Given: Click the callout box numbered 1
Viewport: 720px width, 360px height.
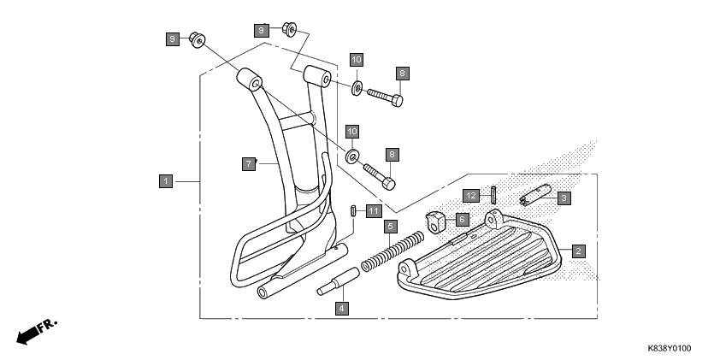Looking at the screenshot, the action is pos(166,181).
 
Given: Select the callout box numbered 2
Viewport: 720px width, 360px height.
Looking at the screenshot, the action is pos(579,251).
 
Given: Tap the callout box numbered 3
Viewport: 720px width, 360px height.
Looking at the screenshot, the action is pos(564,198).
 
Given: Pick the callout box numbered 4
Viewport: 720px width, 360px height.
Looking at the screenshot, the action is pos(341,308).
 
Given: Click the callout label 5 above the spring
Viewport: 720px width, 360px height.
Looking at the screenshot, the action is pos(390,226).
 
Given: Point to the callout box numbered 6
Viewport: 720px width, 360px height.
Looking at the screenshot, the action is pos(462,220).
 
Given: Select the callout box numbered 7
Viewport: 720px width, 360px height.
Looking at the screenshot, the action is pos(249,163).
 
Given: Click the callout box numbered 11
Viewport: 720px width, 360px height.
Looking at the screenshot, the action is pos(374,211).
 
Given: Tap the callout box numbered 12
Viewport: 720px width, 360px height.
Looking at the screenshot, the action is pos(470,196).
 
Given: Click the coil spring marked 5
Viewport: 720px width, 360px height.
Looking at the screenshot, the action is pos(392,251).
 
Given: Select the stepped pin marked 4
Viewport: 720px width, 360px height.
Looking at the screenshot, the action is pos(339,280).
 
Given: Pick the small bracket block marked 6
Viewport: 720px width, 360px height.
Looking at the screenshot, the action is pos(436,221).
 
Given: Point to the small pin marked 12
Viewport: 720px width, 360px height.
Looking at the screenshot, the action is pos(493,195).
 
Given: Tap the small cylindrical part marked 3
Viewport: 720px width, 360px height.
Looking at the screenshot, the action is pos(535,194).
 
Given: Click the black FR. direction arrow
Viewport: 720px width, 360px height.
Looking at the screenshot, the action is pos(27,336).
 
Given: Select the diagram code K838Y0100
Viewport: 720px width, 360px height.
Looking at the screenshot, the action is pos(669,349).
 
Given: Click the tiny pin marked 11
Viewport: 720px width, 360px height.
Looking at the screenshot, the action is pos(353,210).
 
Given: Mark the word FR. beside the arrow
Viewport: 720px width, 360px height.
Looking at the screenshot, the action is pos(48,325).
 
